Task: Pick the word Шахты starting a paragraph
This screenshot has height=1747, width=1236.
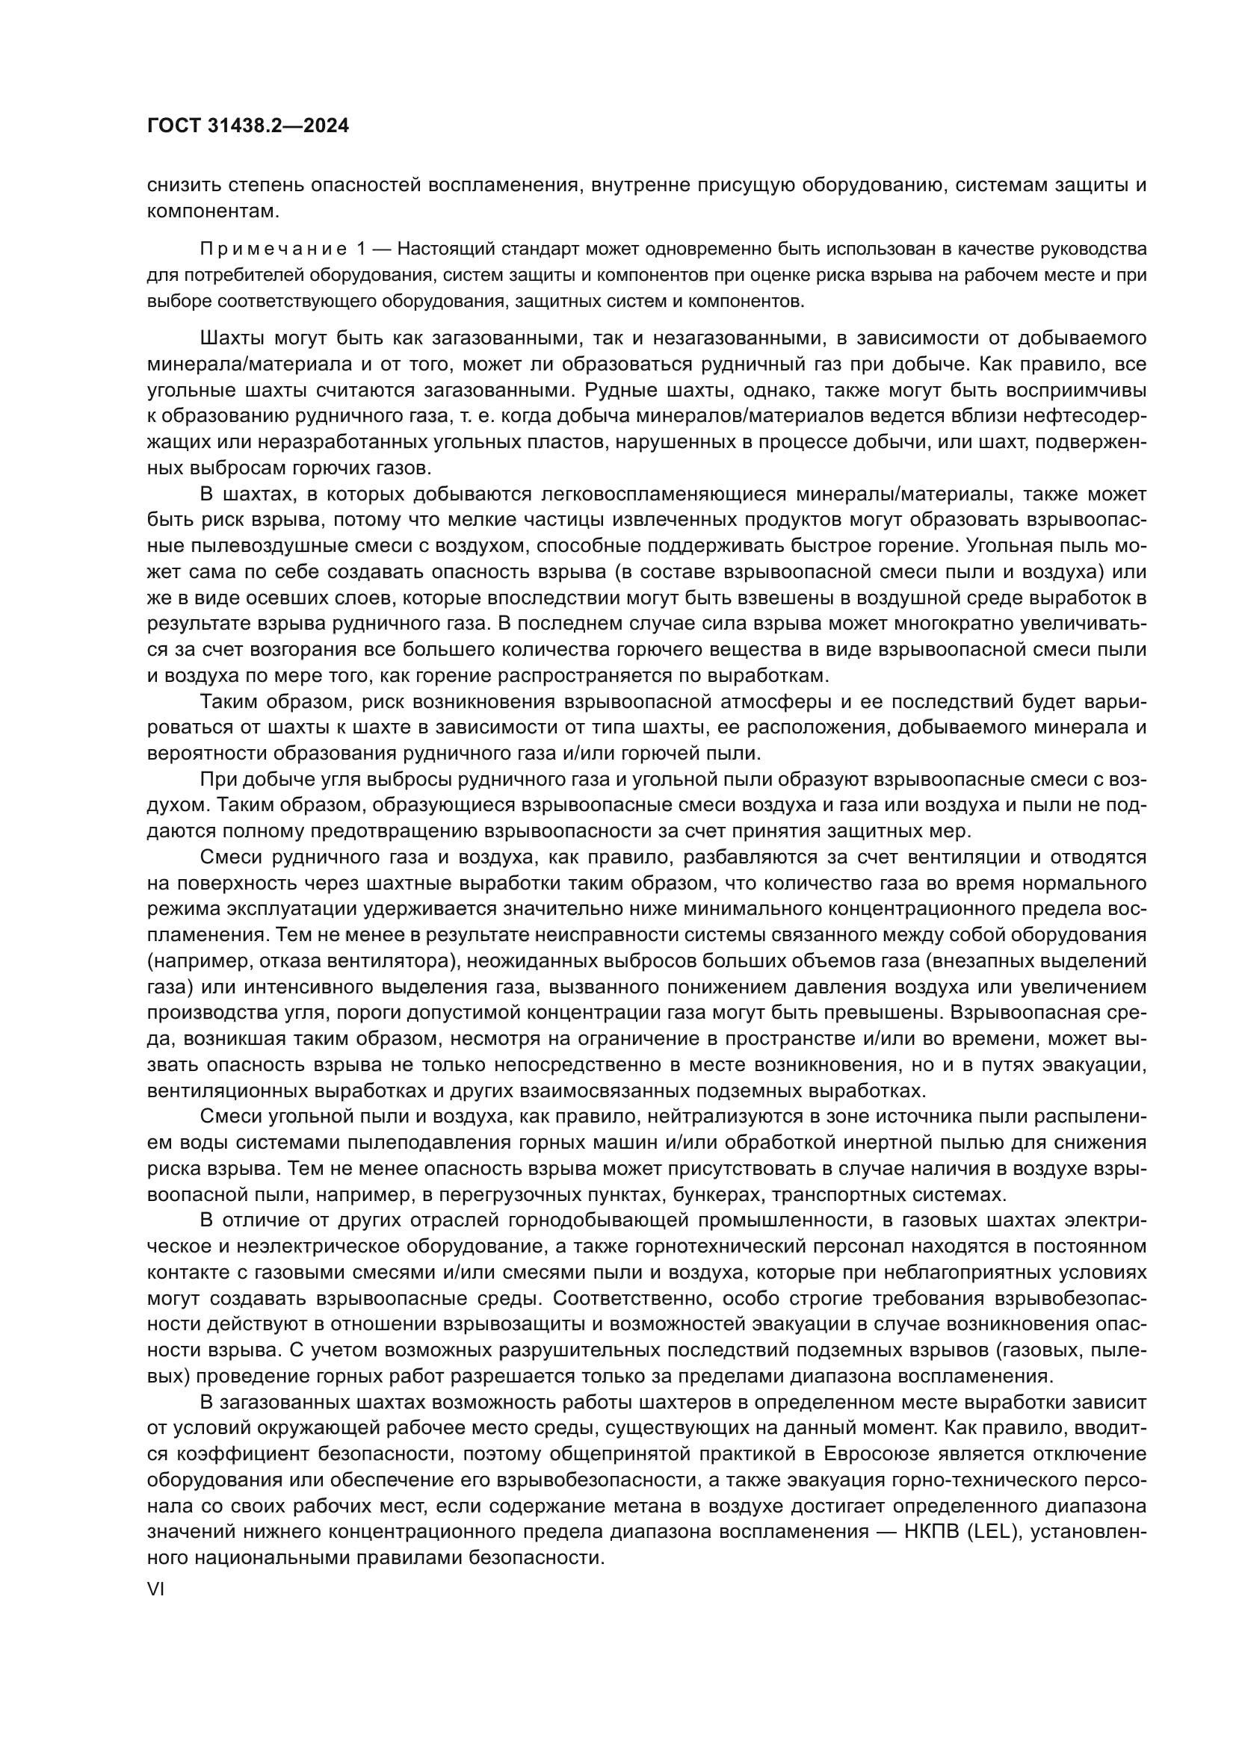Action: click(233, 338)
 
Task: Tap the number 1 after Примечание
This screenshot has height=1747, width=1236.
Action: click(362, 249)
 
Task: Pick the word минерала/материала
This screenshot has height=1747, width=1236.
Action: click(248, 364)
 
